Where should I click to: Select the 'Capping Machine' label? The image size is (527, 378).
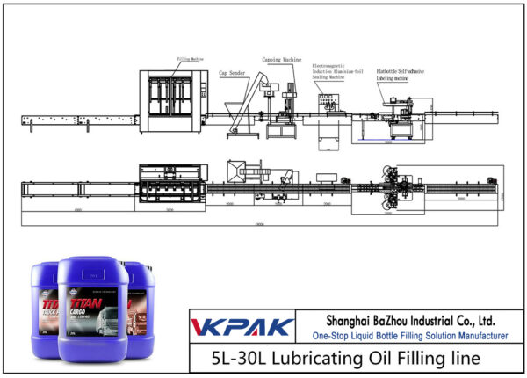[x=280, y=61]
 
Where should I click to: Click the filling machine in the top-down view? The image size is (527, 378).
[x=166, y=185]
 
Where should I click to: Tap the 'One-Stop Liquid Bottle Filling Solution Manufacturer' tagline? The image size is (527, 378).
[x=410, y=336]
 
